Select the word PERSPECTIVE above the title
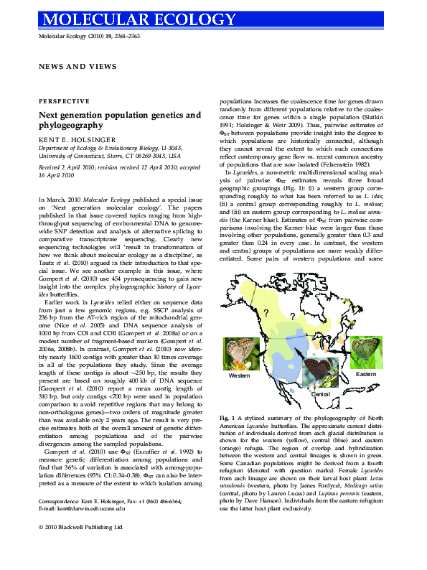60,103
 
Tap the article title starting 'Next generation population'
119,119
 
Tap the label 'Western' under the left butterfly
240,376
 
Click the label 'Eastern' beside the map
366,375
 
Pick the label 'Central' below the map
320,395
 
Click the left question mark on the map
266,312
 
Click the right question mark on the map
292,317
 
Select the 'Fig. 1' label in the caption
227,417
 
